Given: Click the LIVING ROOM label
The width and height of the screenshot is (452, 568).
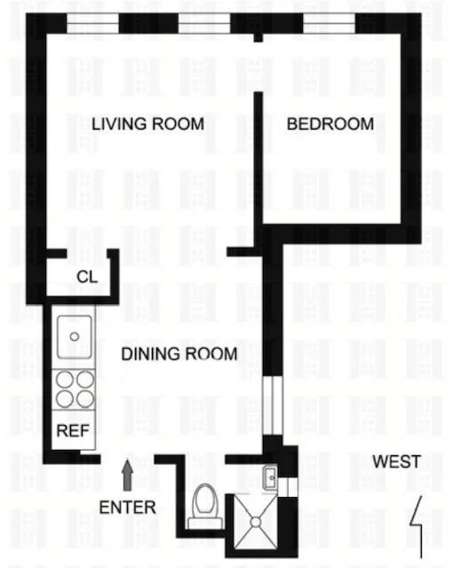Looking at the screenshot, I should tap(147, 124).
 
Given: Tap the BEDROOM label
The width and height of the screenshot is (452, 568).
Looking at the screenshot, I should tap(329, 124).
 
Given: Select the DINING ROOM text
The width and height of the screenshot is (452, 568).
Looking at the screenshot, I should tap(179, 354).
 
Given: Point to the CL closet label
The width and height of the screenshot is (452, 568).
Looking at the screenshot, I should tap(86, 276).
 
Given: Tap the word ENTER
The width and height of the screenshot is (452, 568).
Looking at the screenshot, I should tap(128, 508).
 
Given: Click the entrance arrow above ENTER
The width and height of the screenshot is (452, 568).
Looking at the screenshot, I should tap(127, 474).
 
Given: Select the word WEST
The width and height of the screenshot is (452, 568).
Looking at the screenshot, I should tap(396, 461).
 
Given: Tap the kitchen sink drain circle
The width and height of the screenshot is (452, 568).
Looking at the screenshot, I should tap(75, 336).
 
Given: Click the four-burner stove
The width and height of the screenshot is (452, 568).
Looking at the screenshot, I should tap(75, 389).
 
